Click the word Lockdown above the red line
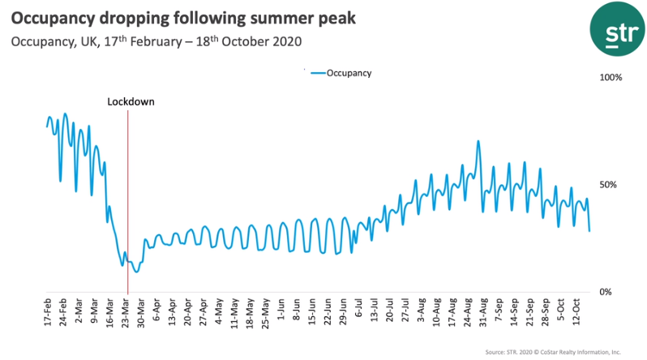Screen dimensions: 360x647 click(x=131, y=102)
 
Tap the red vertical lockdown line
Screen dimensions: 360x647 click(x=128, y=203)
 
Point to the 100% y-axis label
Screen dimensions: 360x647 click(x=610, y=78)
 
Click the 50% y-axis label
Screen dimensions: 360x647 click(x=607, y=185)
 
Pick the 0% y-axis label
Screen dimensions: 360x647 click(x=605, y=292)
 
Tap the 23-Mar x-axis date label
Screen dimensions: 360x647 click(x=126, y=314)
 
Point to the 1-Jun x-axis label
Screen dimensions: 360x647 click(x=281, y=312)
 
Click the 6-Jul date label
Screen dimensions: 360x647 click(x=359, y=312)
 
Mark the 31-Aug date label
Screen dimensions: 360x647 click(x=484, y=314)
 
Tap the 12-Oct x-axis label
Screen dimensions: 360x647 click(x=577, y=314)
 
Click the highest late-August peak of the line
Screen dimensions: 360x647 click(x=478, y=141)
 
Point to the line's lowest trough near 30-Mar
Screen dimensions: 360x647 click(x=136, y=272)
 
